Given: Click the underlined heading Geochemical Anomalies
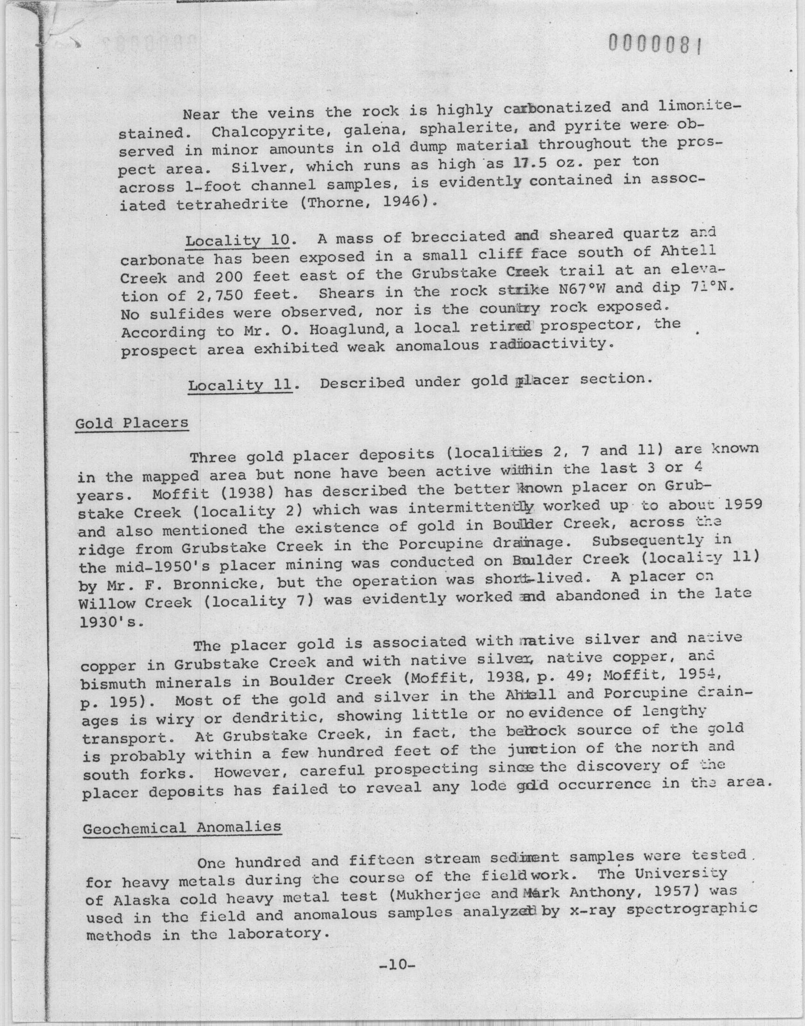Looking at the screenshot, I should coord(182,827).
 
